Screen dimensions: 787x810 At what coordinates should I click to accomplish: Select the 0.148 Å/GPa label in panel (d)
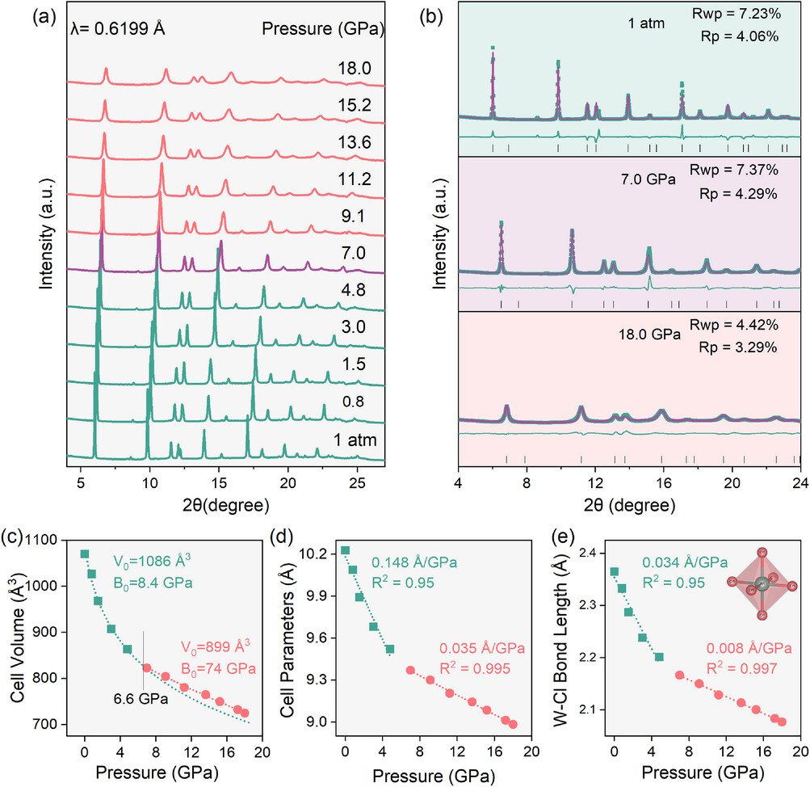pyautogui.click(x=408, y=562)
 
